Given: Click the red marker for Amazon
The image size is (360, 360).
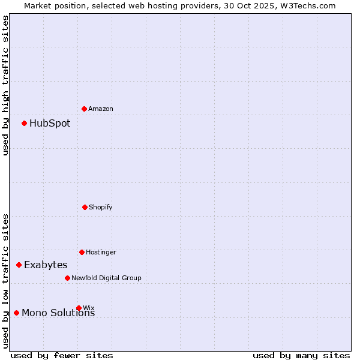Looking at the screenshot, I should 85,109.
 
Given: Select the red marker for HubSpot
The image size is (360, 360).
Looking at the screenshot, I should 25,123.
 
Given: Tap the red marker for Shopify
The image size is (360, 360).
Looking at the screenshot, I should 85,207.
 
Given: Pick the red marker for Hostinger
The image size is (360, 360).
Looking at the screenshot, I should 82,252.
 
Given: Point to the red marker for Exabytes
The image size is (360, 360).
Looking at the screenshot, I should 19,265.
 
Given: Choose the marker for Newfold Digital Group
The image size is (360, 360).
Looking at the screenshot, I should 67,278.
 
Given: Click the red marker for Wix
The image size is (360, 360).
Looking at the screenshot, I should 79,308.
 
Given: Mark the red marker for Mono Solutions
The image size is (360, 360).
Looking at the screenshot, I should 16,313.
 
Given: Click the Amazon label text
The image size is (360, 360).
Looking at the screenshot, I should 101,109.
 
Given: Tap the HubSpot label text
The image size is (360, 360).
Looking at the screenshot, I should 50,124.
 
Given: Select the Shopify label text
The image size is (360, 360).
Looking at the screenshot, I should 101,207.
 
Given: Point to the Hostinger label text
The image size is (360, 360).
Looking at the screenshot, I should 101,252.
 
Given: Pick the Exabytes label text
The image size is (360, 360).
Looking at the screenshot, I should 46,265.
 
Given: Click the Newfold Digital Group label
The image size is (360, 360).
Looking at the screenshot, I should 107,278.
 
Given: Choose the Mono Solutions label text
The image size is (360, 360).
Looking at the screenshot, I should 58,313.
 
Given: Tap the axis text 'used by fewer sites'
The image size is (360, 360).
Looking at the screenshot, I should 62,355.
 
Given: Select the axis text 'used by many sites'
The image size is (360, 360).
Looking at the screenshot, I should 301,355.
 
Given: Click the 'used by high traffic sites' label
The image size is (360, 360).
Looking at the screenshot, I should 5,85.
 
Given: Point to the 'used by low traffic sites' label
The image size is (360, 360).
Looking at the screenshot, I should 5,280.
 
